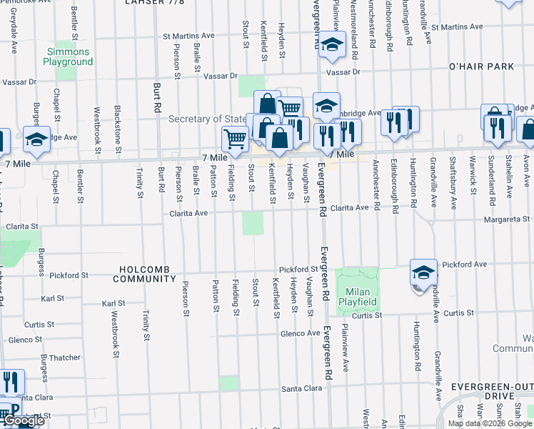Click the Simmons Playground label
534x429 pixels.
pos(68,57)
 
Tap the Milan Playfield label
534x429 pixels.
pos(358,297)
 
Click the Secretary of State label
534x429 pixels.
pos(207,119)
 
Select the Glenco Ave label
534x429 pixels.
pos(300,333)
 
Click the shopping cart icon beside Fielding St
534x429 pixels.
pos(235,138)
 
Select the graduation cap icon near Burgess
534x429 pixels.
pos(36,139)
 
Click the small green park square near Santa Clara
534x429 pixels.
pos(229,383)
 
